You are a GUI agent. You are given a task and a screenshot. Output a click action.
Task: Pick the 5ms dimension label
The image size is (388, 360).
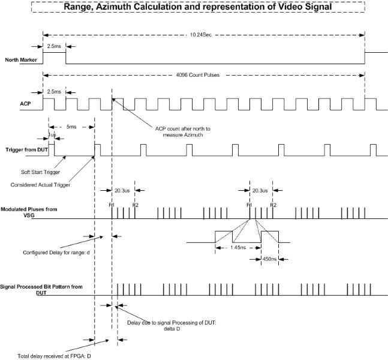(71, 127)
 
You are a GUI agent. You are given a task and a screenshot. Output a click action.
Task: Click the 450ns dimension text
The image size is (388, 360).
(270, 259)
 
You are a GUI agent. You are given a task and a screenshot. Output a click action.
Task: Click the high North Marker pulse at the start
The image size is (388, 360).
(54, 53)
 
